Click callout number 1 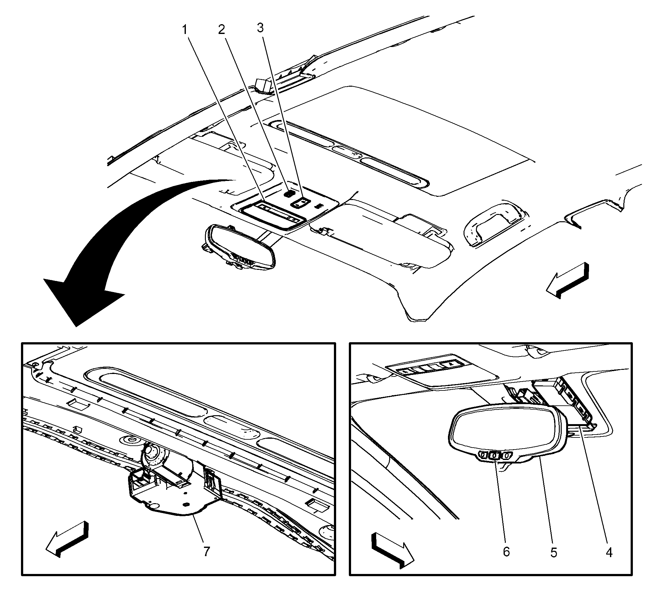[x=185, y=30]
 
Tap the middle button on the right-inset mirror [x=494, y=456]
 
